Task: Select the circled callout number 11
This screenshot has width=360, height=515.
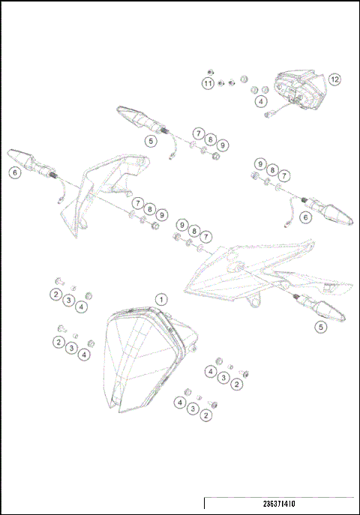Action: [x=208, y=83]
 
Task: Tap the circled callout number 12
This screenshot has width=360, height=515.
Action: [x=334, y=79]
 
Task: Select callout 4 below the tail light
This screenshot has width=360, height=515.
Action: [x=261, y=100]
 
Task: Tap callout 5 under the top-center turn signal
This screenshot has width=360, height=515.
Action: [x=151, y=139]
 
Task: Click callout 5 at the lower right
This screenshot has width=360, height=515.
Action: [x=320, y=327]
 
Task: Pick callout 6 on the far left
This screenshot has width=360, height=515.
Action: [x=13, y=172]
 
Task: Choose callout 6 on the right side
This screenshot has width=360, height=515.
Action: [x=304, y=217]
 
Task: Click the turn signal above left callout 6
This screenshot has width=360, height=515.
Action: [x=30, y=161]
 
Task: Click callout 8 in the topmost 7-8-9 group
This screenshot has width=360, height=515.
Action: [x=211, y=139]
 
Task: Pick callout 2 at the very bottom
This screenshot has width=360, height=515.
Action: [x=205, y=415]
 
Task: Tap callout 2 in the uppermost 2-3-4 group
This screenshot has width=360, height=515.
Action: [x=56, y=295]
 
